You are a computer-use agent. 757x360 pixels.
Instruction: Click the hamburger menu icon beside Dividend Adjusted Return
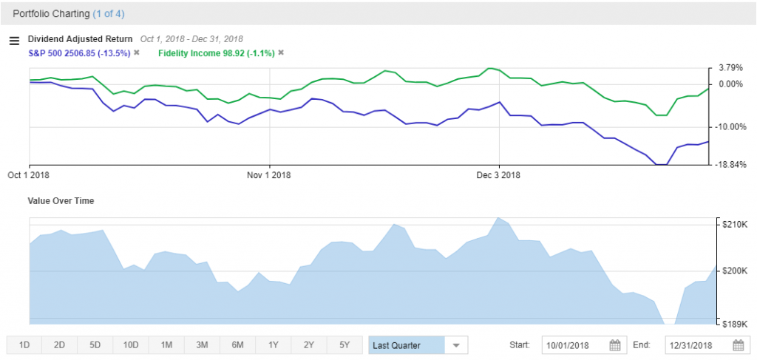click(x=13, y=41)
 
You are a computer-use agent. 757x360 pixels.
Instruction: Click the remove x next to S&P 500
click(x=137, y=52)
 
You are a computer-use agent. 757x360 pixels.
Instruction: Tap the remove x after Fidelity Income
click(x=281, y=52)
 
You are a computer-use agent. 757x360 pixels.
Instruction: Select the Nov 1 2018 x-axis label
click(x=270, y=175)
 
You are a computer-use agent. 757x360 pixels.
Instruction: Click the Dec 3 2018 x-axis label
click(x=499, y=175)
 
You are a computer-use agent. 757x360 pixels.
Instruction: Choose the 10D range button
click(x=131, y=345)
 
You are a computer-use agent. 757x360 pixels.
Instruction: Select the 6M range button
click(x=237, y=345)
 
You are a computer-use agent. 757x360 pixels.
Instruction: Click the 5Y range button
click(x=344, y=345)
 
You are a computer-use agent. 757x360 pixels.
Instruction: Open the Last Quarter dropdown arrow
click(x=456, y=345)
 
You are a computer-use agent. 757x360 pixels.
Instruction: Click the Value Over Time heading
click(x=61, y=200)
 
